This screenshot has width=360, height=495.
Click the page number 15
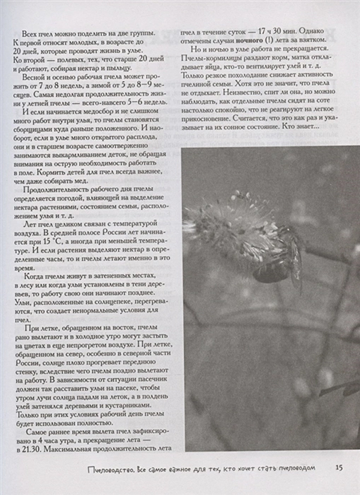click(x=339, y=468)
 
